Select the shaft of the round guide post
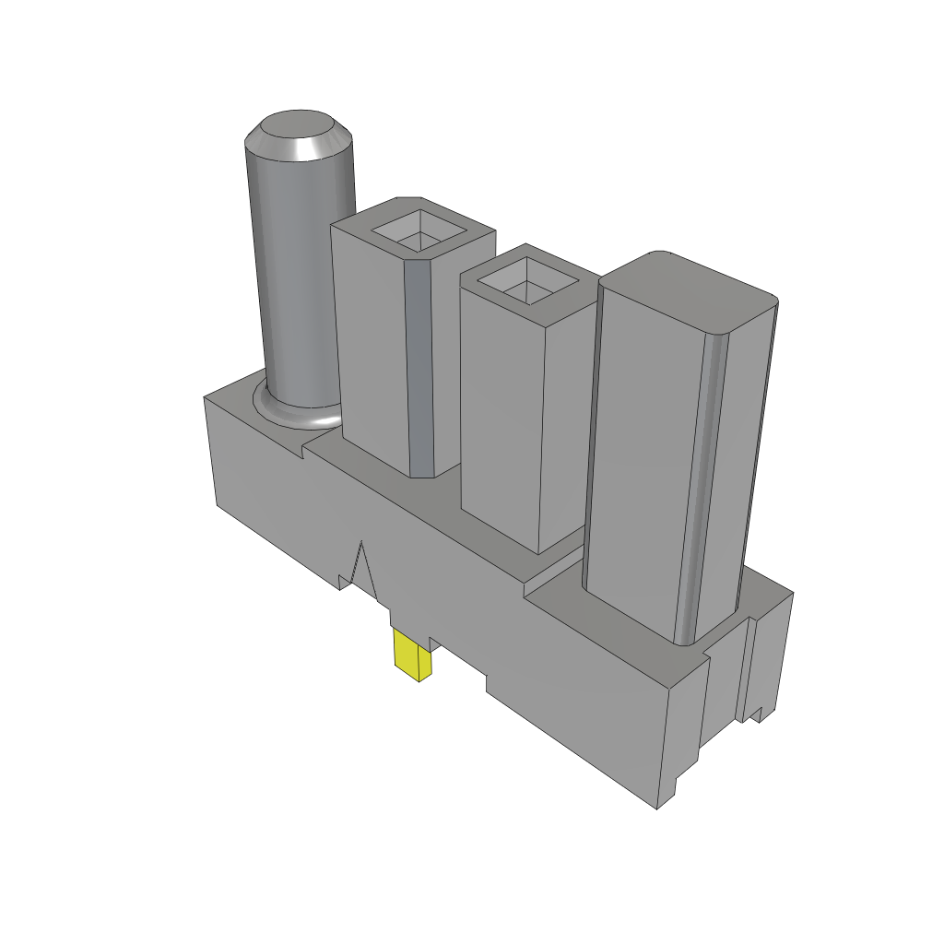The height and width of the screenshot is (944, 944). pyautogui.click(x=297, y=277)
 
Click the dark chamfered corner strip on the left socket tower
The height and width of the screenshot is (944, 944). pyautogui.click(x=419, y=369)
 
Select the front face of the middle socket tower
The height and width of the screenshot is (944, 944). pyautogui.click(x=502, y=415)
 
